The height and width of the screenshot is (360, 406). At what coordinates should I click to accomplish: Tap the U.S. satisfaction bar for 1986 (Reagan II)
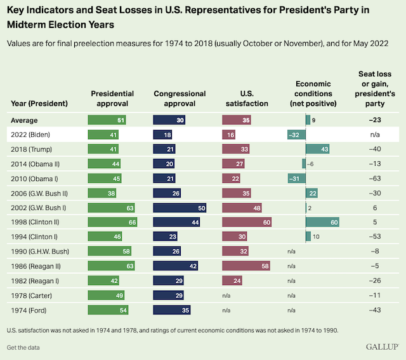coord(246,265)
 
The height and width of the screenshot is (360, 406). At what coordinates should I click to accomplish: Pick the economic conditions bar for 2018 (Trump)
coord(317,149)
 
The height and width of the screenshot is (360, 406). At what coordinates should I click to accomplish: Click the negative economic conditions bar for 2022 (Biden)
coord(296,134)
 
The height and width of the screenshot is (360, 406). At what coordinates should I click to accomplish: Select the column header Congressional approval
coord(180,98)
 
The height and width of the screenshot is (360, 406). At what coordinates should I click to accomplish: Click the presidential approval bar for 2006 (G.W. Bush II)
coord(102,193)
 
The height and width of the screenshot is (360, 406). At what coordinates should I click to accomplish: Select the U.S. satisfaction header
coord(246,98)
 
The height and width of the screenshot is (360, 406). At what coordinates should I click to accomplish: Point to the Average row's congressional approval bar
coord(169,119)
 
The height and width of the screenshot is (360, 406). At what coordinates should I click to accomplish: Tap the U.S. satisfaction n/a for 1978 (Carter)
coord(226,295)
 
